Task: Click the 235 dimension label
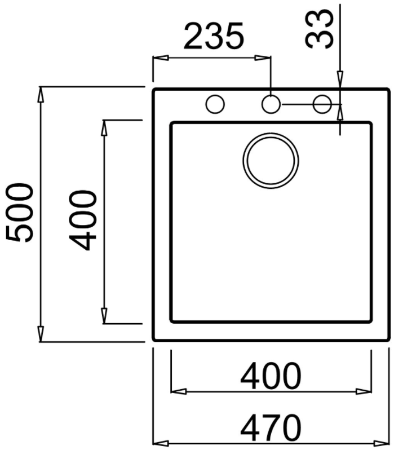(x=214, y=36)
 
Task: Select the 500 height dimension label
(x=20, y=213)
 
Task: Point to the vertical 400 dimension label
(x=82, y=220)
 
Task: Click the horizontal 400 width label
(x=271, y=376)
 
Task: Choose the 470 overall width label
(x=271, y=427)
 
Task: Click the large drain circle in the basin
(x=271, y=161)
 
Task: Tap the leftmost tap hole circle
(x=215, y=104)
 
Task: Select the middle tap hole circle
(x=271, y=104)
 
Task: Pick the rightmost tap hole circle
(x=322, y=104)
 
